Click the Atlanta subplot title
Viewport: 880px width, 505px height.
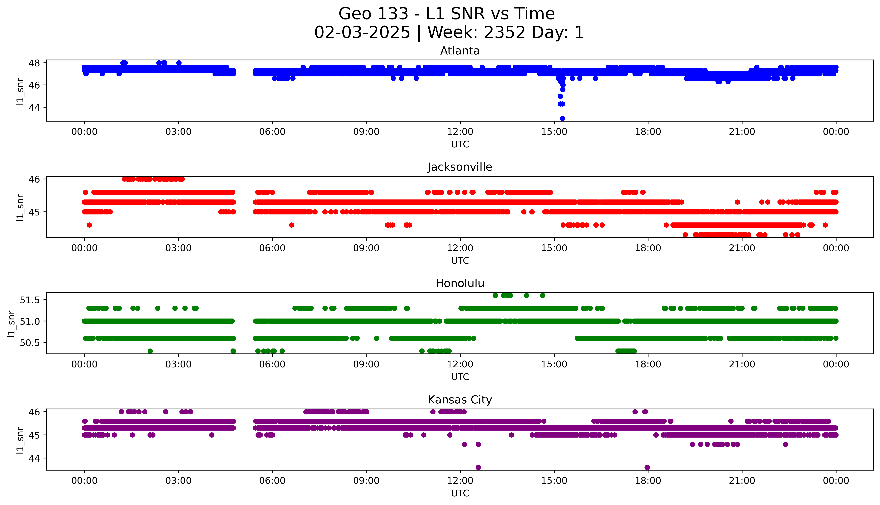tap(460, 51)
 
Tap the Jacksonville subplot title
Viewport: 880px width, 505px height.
tap(460, 167)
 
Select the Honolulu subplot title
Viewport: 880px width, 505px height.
tap(460, 283)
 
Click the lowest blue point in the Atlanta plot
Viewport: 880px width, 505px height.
tap(562, 118)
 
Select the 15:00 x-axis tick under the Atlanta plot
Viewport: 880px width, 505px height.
tap(554, 132)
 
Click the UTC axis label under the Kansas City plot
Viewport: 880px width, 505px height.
tap(460, 493)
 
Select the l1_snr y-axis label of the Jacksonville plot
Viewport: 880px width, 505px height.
tap(20, 207)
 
